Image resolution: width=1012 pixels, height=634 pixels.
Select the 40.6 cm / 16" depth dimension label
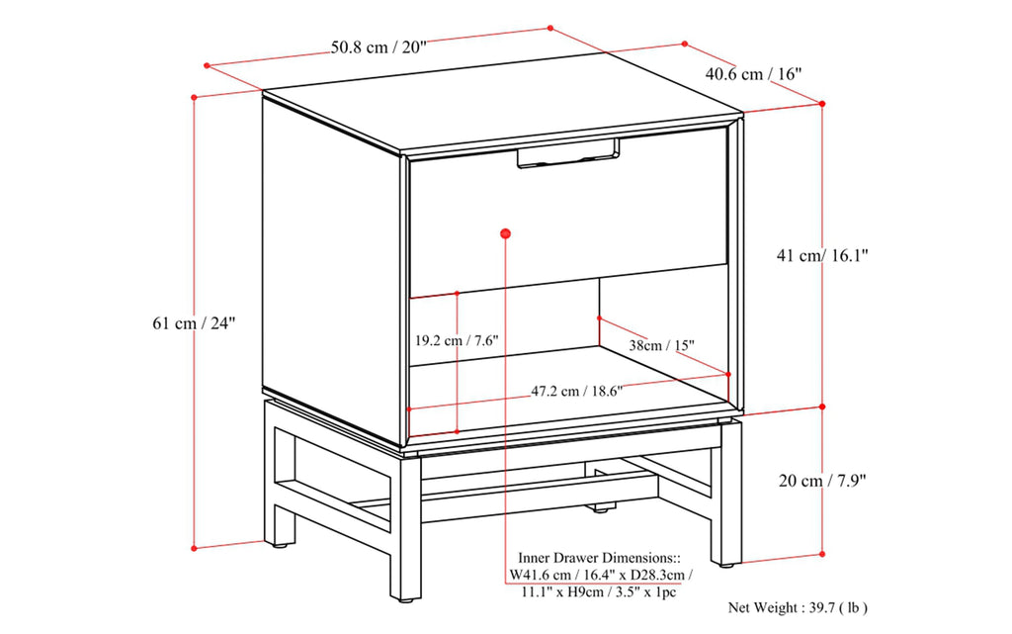pos(752,73)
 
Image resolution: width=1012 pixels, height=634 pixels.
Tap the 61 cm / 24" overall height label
pos(195,323)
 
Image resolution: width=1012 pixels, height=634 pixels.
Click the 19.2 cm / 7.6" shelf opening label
pos(457,339)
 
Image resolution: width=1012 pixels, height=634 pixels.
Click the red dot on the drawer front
pos(506,233)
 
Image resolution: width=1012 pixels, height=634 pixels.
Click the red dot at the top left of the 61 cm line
pos(195,97)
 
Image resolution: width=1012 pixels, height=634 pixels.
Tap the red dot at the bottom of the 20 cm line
pos(822,554)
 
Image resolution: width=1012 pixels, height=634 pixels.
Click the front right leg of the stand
pos(729,495)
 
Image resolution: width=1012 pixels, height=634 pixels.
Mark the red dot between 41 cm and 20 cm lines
pos(822,407)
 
